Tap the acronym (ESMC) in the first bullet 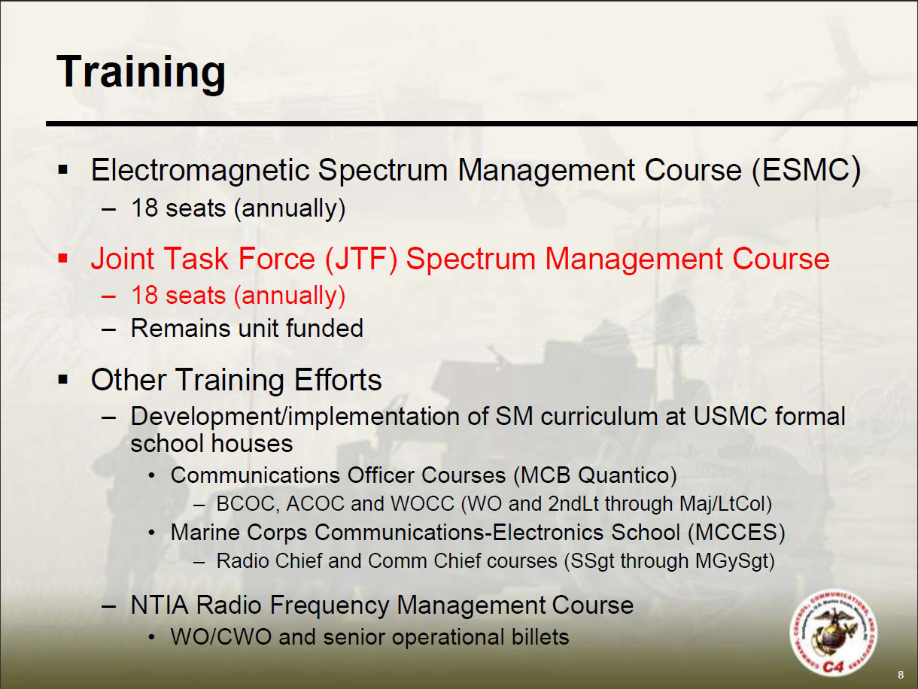pos(806,171)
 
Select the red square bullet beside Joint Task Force pos(63,259)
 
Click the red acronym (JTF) pos(360,259)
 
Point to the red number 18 pos(144,295)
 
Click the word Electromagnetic pos(200,171)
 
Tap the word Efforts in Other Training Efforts pos(338,380)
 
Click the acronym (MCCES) pos(737,533)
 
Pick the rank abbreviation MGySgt pos(735,561)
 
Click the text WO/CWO pos(220,637)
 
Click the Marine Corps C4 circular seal pos(834,633)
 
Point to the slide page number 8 pos(901,675)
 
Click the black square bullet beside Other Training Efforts pos(63,380)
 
